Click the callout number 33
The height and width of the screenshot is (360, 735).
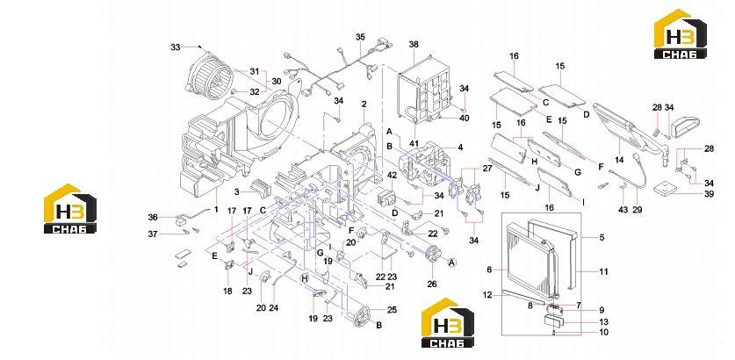pos(176,47)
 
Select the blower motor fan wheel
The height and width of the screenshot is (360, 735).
pos(210,76)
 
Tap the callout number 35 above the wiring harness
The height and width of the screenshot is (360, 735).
pos(360,37)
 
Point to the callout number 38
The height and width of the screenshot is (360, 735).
pos(414,45)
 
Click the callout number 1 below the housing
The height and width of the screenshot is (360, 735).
pos(216,210)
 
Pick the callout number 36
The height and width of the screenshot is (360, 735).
pos(153,217)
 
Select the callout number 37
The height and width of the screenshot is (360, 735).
pos(153,234)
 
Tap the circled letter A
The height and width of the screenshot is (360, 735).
pos(452,263)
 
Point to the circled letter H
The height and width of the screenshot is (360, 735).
pos(304,278)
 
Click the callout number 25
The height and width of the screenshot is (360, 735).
pos(392,309)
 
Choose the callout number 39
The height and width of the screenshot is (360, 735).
pos(710,194)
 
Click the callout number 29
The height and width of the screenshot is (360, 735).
pos(637,210)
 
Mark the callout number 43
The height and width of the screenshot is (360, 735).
pos(623,210)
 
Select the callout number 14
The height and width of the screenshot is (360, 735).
pos(620,160)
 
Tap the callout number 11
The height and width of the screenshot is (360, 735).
pos(604,271)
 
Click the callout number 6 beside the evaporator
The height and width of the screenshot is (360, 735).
pos(489,270)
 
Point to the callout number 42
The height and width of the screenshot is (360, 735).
pos(392,176)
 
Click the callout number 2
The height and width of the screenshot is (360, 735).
pos(364,104)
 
